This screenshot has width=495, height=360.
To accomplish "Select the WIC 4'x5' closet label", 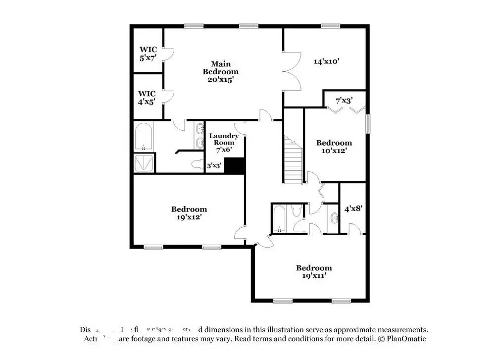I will point(147,98).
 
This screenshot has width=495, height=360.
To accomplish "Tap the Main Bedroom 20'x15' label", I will point(220,71).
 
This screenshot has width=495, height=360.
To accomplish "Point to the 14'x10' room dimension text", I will point(326,62).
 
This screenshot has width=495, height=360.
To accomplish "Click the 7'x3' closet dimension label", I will point(344,101).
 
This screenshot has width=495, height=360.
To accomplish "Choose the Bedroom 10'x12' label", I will point(334,147).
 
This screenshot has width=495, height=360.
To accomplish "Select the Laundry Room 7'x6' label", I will point(224,143).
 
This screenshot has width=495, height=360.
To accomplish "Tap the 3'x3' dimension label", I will point(214,166).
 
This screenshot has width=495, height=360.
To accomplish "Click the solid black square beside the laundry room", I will point(235,166).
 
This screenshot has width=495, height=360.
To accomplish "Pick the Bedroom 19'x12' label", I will point(189,213).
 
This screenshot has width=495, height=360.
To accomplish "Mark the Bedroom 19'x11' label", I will point(314,272).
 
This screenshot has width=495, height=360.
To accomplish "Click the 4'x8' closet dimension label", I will point(353,209).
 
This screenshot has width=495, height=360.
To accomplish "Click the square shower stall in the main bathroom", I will point(144,163).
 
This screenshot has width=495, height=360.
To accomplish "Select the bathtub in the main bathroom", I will point(144,137).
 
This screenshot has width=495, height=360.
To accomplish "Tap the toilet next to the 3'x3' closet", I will point(196,164).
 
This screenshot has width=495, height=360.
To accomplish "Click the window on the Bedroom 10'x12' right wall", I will point(368,124).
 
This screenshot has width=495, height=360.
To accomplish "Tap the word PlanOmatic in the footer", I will point(406,339).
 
